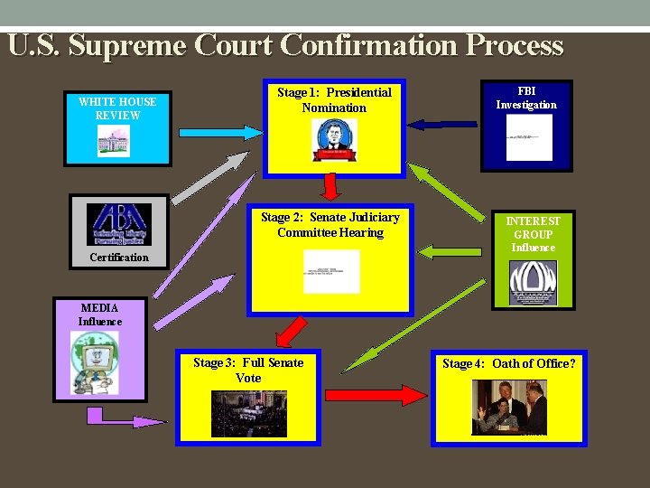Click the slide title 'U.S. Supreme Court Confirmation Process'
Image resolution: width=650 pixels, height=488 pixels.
point(285,45)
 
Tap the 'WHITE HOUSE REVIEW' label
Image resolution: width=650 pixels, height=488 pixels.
point(117,108)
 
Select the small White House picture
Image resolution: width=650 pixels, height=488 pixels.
point(114,141)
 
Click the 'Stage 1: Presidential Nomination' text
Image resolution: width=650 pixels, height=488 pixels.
point(334,99)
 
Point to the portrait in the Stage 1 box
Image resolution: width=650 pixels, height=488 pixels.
point(334,140)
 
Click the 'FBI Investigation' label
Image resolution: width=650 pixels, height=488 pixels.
point(526,98)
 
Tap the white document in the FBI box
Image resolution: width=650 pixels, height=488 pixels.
point(529,137)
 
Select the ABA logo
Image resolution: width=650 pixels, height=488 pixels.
point(119,223)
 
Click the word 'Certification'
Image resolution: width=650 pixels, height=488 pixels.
point(119,258)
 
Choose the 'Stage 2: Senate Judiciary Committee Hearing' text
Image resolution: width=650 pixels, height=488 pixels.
point(330,224)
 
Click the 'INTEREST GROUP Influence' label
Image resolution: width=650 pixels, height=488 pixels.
point(533,234)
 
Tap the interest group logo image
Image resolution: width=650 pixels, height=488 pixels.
point(533,283)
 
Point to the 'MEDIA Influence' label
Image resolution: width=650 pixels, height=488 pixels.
point(99,314)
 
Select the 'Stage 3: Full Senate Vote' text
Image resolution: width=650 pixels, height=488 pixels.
point(248,371)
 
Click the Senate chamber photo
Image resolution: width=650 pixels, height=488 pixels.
point(248,414)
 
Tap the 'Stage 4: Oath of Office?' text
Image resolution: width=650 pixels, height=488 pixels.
point(509,363)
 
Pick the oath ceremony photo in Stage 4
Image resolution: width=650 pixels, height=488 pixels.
point(509,407)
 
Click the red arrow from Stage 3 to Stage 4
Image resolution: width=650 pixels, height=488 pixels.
point(375,395)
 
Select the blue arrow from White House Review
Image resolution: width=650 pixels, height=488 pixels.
point(221,132)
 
